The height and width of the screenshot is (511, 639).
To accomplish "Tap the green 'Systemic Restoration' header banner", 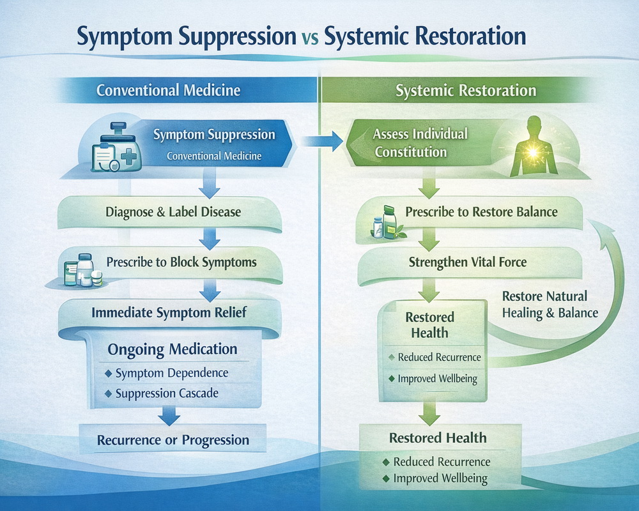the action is tap(456, 90).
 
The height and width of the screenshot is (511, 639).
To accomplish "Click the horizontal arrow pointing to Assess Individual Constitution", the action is tap(322, 141).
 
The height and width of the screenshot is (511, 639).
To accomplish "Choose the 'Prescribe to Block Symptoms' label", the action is tap(181, 262).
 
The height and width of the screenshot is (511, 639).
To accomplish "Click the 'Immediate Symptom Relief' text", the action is tap(169, 312).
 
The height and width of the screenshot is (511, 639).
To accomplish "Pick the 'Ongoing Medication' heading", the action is tap(173, 349).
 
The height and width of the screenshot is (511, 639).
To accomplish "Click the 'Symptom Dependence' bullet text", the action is tap(171, 373).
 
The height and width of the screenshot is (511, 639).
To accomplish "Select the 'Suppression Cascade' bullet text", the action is tap(167, 393).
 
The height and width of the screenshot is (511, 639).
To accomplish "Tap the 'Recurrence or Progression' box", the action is tap(173, 439).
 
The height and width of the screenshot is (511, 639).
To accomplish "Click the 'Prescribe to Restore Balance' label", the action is tap(481, 212).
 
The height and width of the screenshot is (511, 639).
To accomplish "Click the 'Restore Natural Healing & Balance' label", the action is tap(550, 305).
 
